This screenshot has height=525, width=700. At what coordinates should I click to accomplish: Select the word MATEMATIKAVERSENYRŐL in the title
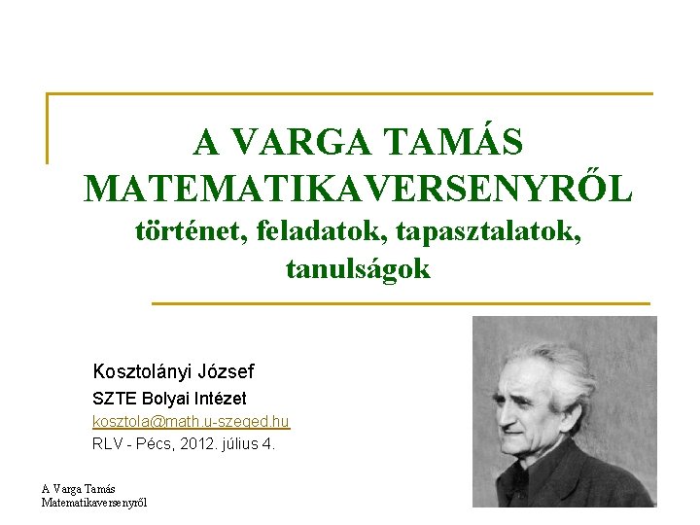tap(359, 189)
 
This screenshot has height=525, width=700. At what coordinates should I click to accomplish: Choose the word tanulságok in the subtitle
tap(358, 269)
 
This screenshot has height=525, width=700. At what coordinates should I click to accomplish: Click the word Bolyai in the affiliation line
tap(166, 399)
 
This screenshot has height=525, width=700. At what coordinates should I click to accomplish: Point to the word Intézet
tap(222, 399)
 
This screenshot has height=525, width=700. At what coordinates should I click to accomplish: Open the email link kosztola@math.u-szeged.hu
tap(191, 422)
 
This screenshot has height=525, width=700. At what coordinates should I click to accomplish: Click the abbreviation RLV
tap(107, 444)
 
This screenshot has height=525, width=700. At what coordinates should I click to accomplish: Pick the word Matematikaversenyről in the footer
tap(94, 502)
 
